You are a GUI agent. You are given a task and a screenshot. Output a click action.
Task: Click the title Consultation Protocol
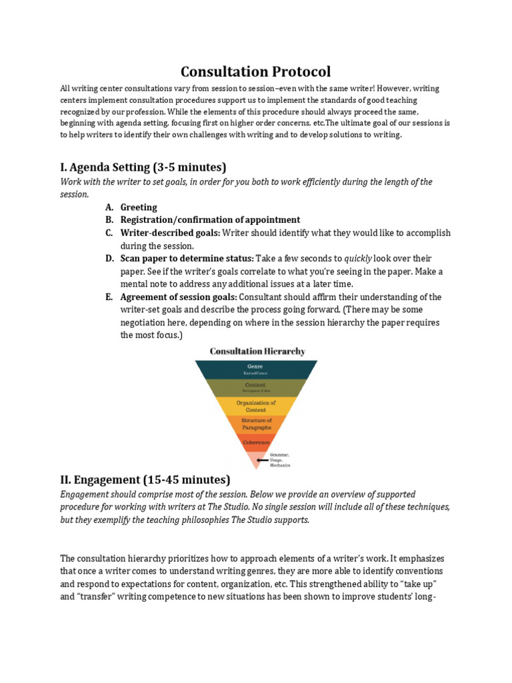(x=256, y=71)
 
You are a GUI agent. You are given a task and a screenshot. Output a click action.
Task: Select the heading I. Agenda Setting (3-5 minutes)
(x=143, y=167)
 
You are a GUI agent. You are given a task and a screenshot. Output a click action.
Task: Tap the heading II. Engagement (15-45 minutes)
(x=145, y=479)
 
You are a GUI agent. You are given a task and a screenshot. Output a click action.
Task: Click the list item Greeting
(x=139, y=207)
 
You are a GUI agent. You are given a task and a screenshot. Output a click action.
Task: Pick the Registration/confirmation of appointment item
(x=210, y=219)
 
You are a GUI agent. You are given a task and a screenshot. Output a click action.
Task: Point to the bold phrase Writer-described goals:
(x=170, y=233)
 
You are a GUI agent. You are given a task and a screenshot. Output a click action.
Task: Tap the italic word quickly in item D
(x=357, y=258)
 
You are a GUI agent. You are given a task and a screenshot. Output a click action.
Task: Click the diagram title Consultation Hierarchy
(x=257, y=351)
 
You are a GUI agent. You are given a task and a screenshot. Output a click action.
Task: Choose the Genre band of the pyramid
(x=255, y=369)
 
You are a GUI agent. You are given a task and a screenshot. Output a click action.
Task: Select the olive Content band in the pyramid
(x=255, y=387)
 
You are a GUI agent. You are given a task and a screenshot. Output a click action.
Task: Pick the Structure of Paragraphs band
(x=256, y=424)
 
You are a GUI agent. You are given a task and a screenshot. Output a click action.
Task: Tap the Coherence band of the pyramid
(x=256, y=442)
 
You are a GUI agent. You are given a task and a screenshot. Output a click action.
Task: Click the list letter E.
(x=109, y=297)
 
